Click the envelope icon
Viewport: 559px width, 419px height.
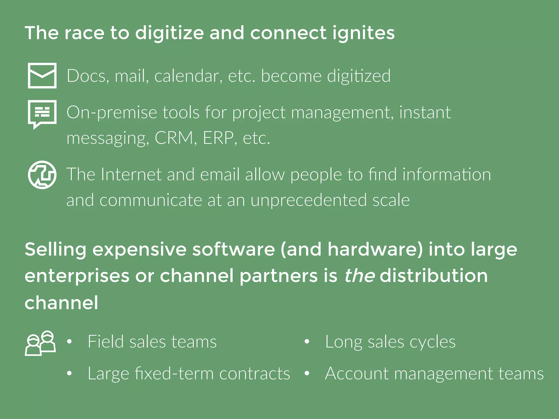coord(42,76)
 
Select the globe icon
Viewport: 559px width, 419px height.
coord(42,175)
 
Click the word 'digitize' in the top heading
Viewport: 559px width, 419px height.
coord(170,33)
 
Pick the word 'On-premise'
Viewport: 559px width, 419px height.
coord(112,112)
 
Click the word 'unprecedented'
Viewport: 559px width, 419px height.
coord(309,200)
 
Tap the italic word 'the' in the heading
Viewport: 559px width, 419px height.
coord(359,276)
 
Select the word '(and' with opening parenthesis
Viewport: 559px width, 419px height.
coord(301,250)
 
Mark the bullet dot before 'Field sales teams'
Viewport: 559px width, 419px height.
coord(69,342)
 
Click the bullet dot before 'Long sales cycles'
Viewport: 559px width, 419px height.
coord(307,342)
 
